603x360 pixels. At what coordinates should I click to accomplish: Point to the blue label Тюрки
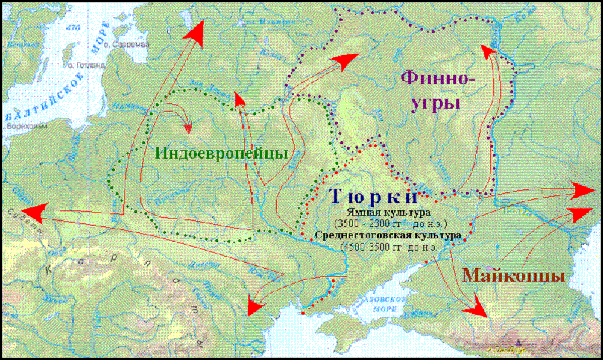tap(374, 197)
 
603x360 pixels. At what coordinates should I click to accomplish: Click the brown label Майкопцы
tap(513, 276)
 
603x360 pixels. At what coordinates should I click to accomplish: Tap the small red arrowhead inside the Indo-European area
tap(188, 128)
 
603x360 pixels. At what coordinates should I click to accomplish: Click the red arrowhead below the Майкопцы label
tap(479, 309)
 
